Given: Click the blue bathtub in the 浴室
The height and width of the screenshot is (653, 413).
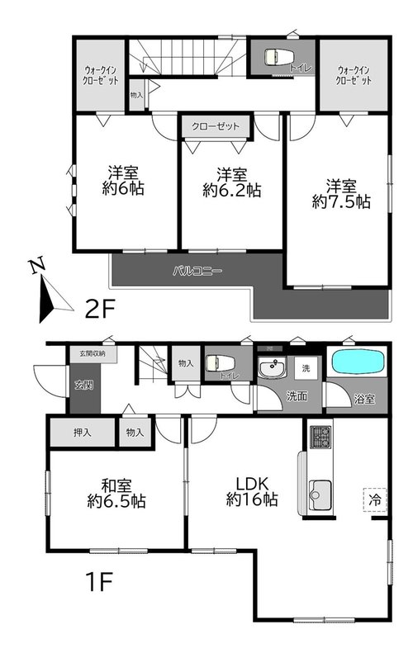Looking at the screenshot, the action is tap(357, 362).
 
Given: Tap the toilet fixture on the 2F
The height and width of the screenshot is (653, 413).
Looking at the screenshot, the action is tap(279, 56).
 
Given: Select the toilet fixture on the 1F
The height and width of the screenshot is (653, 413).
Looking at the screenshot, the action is tap(221, 362).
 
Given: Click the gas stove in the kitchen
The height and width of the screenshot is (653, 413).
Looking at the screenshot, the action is tap(320, 438).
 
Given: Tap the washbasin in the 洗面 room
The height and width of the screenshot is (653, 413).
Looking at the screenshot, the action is tap(272, 368).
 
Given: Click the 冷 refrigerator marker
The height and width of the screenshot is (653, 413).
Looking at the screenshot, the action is tap(376, 499).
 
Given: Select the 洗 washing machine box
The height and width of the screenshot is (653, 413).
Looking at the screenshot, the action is tap(306, 368).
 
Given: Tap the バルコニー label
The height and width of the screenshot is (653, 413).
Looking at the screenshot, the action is tap(197, 272).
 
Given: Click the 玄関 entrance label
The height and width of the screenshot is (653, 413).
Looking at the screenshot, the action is tap(83, 385).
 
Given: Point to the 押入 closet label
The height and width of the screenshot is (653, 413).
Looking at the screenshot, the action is tap(82, 433).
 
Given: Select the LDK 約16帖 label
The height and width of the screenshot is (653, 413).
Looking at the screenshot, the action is tap(252, 492).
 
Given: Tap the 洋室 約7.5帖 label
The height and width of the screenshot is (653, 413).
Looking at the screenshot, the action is tap(341, 194).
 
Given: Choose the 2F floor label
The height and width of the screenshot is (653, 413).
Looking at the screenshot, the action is tap(100, 309).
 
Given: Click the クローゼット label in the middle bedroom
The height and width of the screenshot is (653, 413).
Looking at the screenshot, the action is tap(216, 126).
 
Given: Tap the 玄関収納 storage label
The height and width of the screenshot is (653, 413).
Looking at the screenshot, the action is tap(93, 353).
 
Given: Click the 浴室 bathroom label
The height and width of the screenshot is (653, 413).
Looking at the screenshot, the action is tap(364, 400).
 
